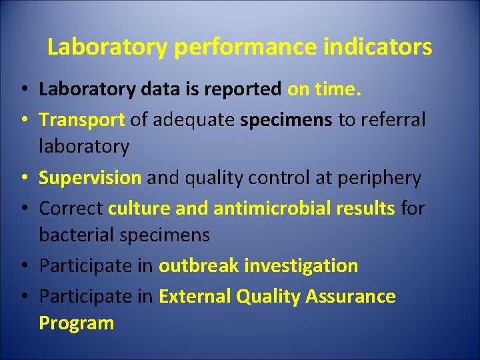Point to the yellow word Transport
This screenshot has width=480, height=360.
pos(82,120)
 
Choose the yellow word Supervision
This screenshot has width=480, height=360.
pos(90,178)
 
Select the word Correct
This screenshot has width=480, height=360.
pos(71,209)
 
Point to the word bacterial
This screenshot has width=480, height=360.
pos(79,235)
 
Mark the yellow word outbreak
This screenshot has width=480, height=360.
pos(199,266)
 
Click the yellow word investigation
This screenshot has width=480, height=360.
pos(301,266)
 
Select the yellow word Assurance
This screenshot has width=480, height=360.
pos(351,296)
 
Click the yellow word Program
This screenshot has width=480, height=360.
pos(77,323)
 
